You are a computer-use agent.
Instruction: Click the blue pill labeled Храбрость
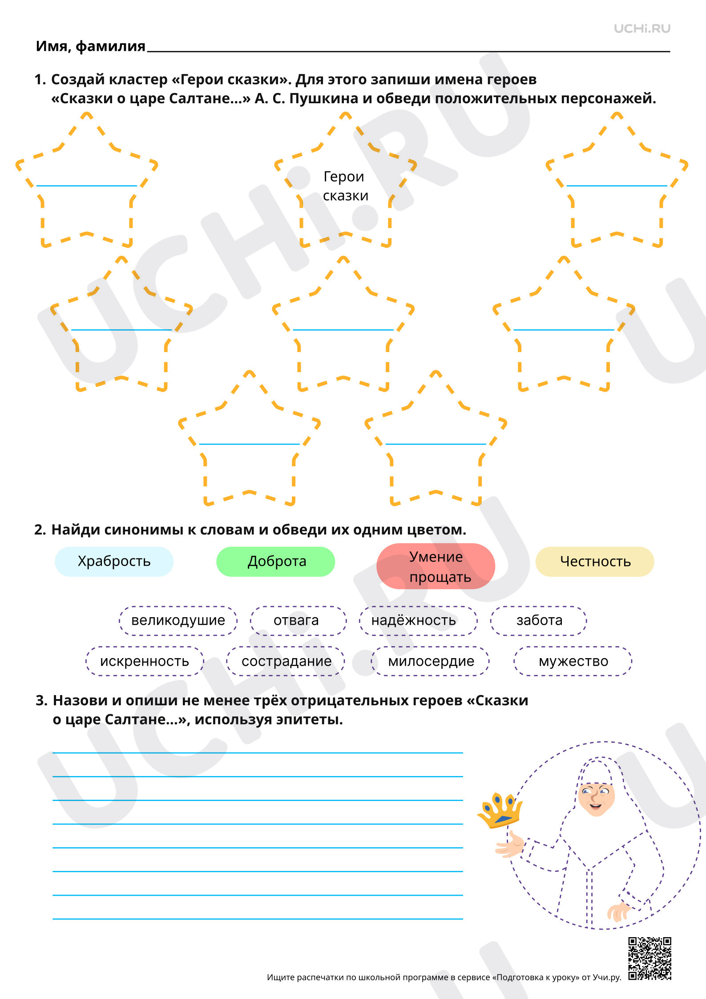[114, 562]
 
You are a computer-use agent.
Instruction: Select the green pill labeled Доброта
[276, 562]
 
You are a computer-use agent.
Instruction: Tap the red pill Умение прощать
[436, 566]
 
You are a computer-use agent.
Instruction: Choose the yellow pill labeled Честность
[595, 562]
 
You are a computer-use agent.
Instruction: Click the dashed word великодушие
[178, 620]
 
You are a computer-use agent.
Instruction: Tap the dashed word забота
[539, 620]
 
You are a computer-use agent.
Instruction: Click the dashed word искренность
[145, 661]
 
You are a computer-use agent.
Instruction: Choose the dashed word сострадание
[286, 661]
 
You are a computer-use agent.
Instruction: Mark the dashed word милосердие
[430, 661]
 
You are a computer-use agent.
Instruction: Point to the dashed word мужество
[573, 661]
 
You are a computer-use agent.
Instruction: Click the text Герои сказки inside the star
[345, 186]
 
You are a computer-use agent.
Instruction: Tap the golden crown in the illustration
[500, 810]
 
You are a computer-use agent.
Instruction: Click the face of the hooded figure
[596, 798]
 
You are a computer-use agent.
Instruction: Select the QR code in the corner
[650, 959]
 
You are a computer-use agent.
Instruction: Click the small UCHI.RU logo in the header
[642, 29]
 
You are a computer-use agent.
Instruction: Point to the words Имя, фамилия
[91, 46]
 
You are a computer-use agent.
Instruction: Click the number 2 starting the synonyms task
[39, 530]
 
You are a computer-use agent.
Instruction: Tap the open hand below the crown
[511, 844]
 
